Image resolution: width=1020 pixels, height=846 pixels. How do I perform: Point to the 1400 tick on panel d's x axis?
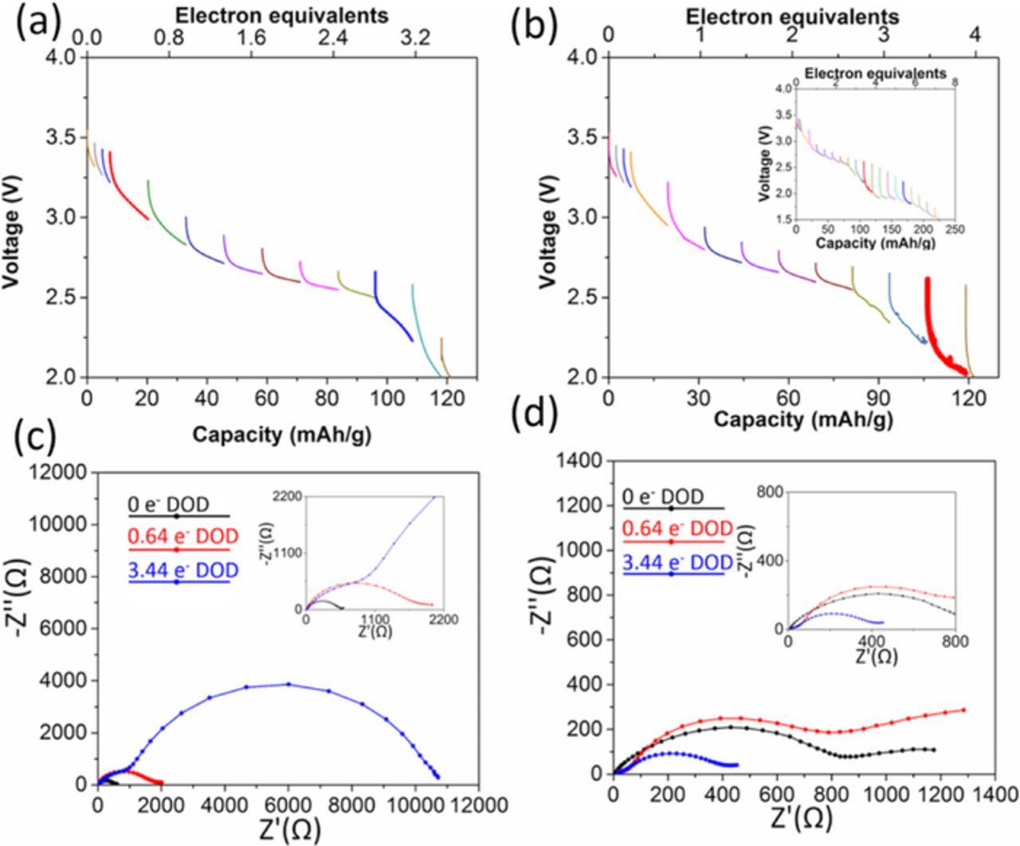995,794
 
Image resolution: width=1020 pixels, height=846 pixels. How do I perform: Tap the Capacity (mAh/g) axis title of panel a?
281,435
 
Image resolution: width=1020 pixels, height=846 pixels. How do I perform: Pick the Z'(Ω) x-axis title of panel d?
801,818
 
